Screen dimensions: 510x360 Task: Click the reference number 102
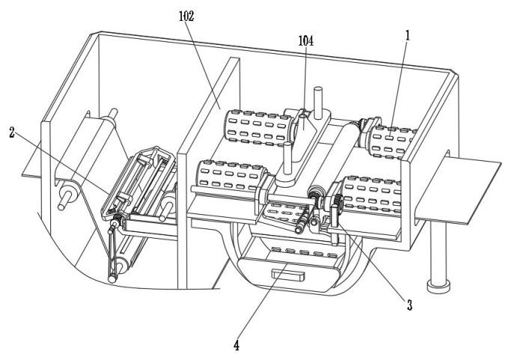pos(186,16)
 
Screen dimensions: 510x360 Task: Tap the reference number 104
pos(306,40)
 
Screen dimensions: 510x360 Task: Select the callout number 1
pos(407,35)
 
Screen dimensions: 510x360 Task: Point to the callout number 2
pos(12,132)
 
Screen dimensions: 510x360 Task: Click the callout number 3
pos(410,305)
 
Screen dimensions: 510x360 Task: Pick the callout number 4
pos(237,345)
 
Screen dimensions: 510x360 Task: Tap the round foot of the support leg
pos(438,287)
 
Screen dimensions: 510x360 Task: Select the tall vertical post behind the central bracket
pos(318,103)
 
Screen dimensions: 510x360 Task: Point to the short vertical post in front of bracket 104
pos(288,159)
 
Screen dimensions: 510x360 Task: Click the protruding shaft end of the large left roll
pos(66,199)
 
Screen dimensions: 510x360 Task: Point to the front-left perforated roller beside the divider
pos(231,175)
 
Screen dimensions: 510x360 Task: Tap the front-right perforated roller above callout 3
pos(371,194)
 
